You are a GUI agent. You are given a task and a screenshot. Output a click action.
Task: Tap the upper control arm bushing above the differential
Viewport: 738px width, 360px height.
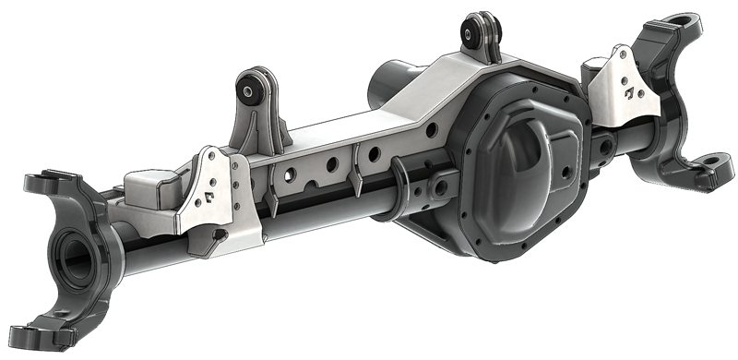[x=480, y=33]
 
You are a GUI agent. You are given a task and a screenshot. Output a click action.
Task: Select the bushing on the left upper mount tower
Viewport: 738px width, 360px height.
[x=249, y=91]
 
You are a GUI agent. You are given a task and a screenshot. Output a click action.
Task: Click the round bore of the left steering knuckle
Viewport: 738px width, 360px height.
[x=71, y=247]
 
